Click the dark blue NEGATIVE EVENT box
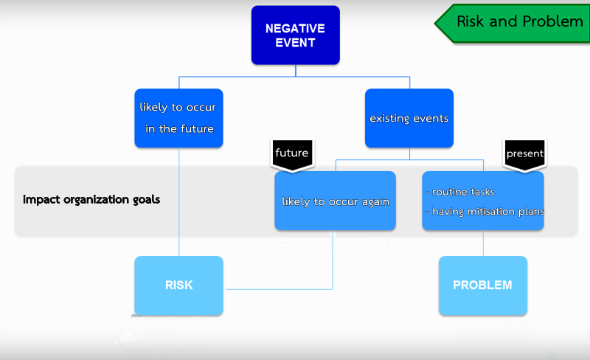click(296, 35)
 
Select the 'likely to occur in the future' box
click(178, 118)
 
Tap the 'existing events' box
click(409, 118)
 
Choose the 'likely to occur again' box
click(336, 201)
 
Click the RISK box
click(178, 285)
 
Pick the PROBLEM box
click(483, 285)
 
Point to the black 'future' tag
click(292, 155)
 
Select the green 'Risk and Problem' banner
click(513, 23)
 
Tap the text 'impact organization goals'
click(91, 199)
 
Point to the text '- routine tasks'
click(459, 192)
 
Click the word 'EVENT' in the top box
click(296, 43)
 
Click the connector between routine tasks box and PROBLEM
click(483, 243)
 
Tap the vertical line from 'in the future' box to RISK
click(179, 202)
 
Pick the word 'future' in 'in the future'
click(197, 129)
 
